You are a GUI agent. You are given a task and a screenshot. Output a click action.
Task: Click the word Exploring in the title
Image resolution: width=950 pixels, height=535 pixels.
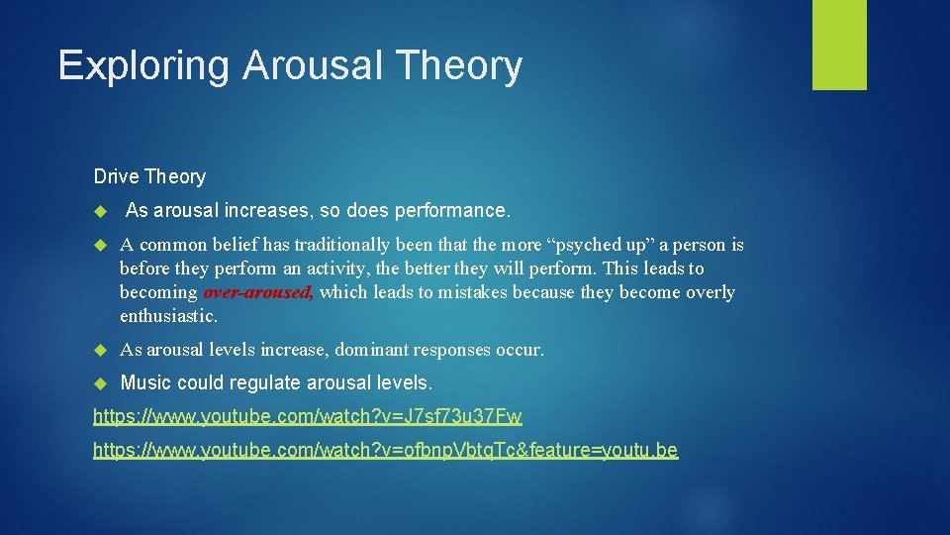144,66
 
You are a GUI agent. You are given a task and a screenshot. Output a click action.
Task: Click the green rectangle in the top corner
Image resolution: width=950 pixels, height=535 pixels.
839,45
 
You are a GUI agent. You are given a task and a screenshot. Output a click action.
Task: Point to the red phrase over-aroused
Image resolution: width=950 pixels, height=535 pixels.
258,292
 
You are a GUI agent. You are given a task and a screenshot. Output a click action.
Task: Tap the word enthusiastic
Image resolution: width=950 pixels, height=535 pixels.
166,316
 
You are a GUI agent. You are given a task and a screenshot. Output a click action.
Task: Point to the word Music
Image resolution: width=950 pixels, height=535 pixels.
144,382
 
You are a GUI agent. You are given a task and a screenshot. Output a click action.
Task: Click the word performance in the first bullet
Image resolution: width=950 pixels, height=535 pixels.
451,211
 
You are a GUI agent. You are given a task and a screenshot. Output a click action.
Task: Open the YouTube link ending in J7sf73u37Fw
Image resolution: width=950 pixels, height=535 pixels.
307,416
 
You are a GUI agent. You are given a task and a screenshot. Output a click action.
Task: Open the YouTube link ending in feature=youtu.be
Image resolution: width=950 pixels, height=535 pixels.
385,451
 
